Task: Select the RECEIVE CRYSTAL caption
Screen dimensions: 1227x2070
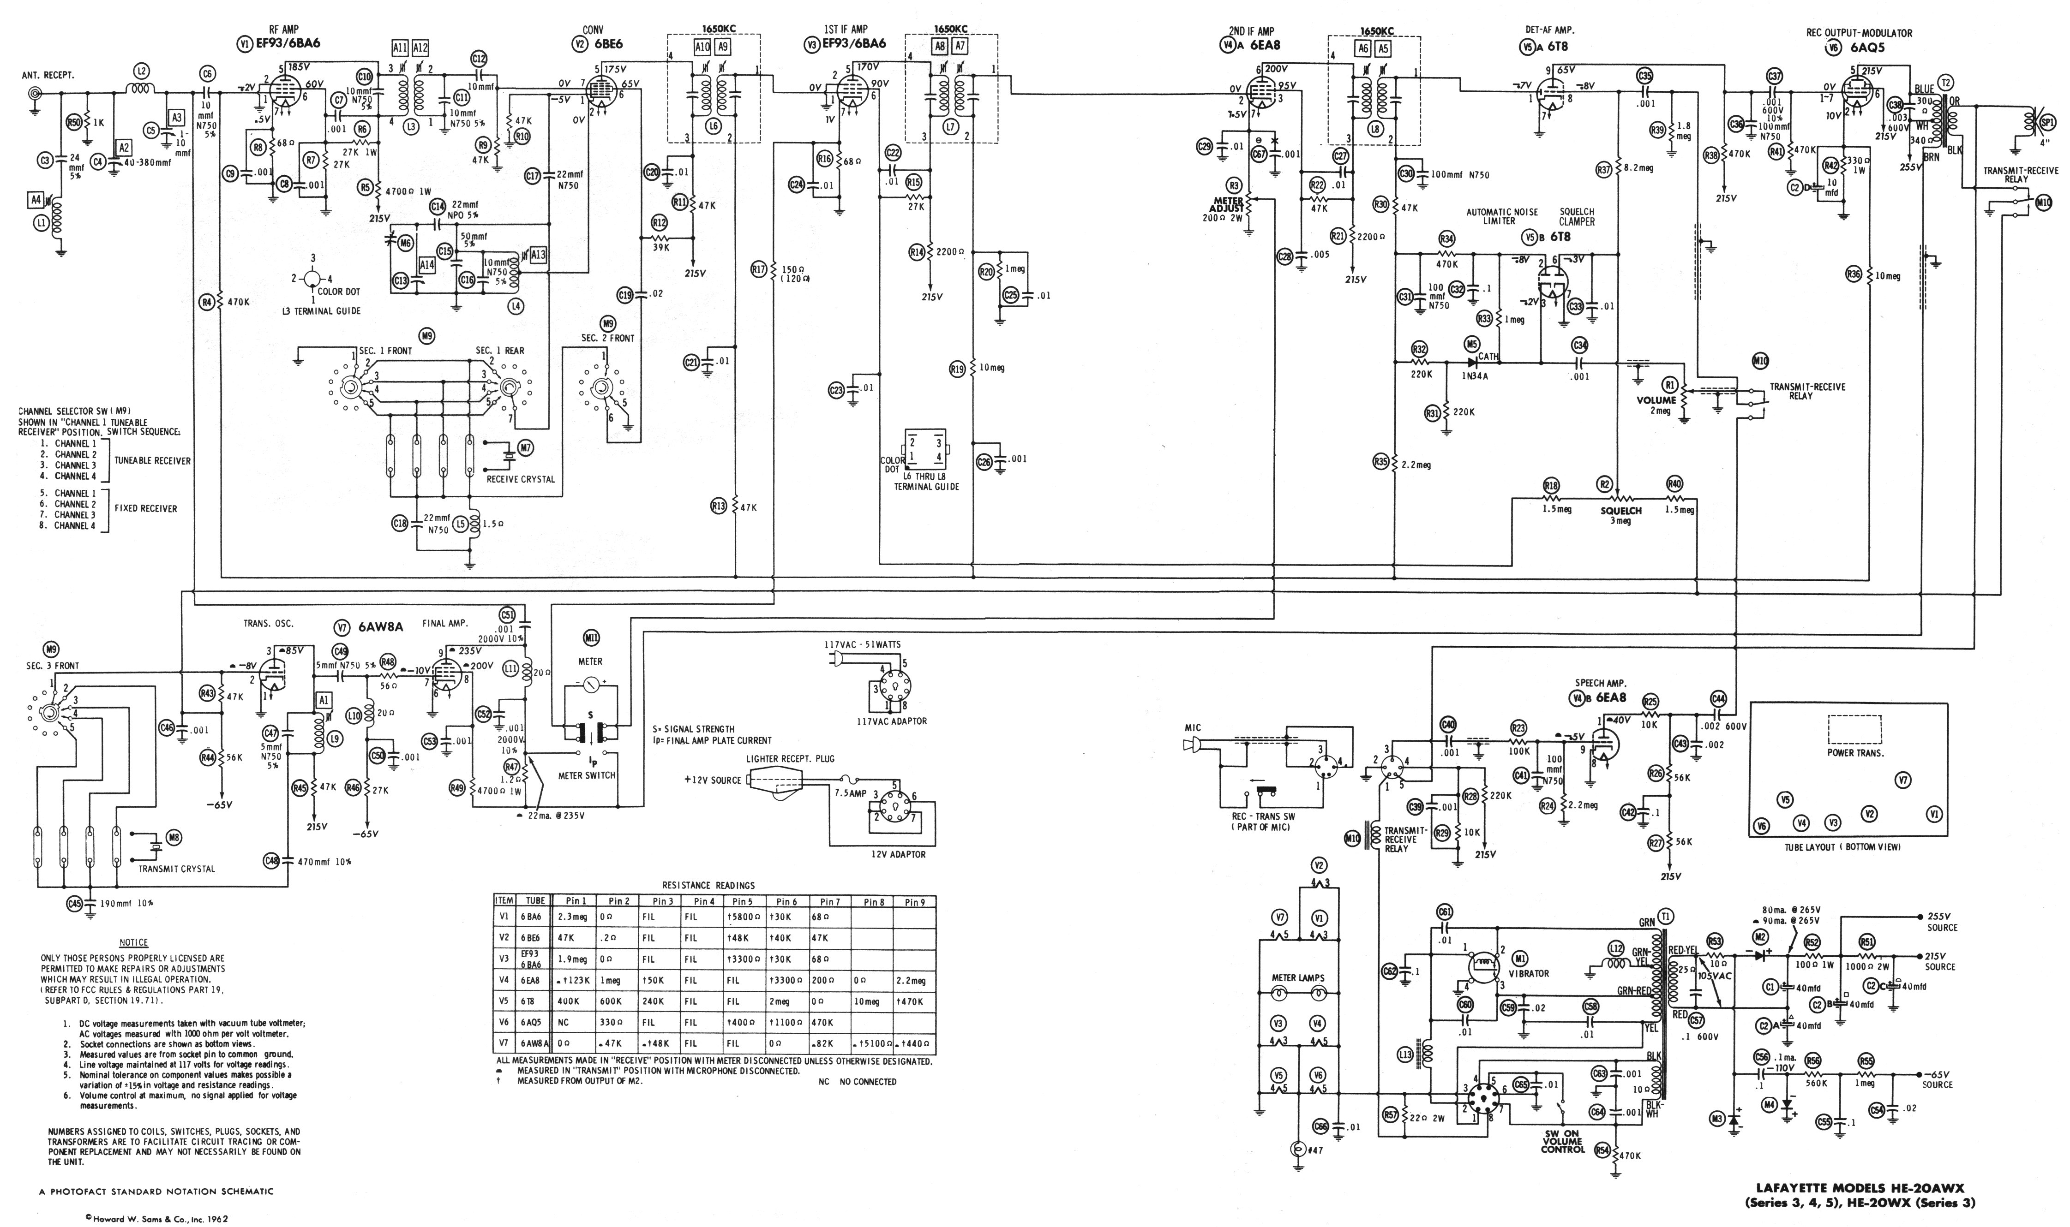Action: point(520,479)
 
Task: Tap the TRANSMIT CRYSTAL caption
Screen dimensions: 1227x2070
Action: point(176,869)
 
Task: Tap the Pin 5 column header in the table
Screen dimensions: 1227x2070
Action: point(743,901)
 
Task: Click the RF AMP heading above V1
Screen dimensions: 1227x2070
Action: point(284,30)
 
